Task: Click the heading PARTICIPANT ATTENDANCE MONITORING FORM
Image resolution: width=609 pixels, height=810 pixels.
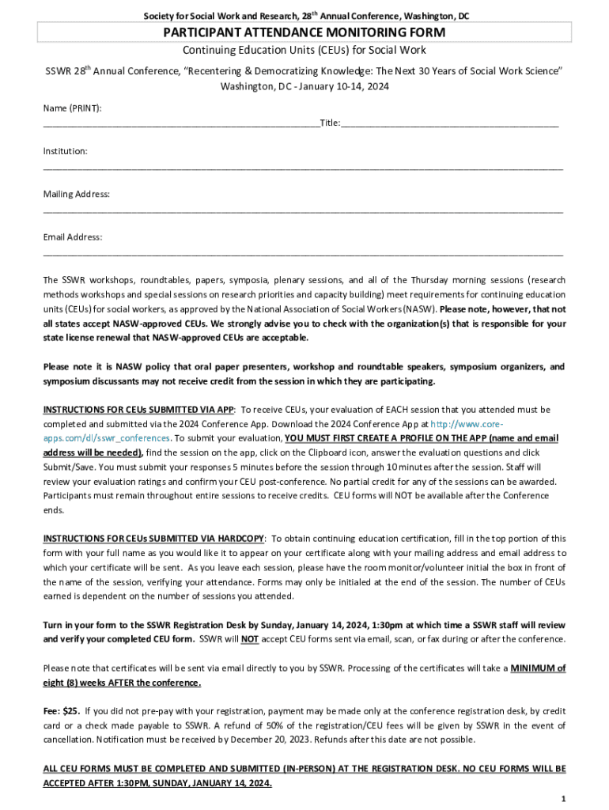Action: [304, 32]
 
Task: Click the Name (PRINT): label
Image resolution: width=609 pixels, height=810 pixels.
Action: [72, 108]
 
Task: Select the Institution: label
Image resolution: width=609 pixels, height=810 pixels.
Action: [65, 150]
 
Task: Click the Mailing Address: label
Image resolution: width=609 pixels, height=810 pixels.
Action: [76, 194]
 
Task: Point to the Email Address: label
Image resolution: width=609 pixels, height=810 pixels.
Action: [73, 237]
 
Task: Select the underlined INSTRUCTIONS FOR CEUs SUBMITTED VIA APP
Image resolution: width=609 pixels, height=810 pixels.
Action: [138, 410]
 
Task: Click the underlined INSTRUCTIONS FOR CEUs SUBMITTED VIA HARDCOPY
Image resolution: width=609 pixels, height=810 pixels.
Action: [154, 538]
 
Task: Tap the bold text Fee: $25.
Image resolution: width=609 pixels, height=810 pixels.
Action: [61, 710]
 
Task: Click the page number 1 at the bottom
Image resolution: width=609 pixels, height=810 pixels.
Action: [562, 799]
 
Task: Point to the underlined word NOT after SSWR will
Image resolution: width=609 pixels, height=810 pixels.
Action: [249, 639]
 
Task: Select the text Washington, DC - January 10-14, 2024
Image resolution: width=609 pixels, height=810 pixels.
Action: [304, 86]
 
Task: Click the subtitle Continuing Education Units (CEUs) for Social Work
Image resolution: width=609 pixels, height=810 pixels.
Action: [304, 50]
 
